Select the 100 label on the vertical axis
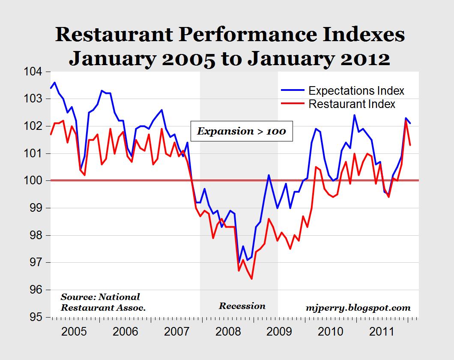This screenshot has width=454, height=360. (36, 181)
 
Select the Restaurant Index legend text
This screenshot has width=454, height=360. (352, 104)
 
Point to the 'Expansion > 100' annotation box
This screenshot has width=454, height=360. (241, 131)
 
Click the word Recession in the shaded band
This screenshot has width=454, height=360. (242, 306)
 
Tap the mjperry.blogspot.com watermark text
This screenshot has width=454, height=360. (358, 307)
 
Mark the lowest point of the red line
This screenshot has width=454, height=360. (251, 279)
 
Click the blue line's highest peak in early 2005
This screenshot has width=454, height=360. (55, 82)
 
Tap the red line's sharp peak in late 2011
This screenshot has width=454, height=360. (406, 121)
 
